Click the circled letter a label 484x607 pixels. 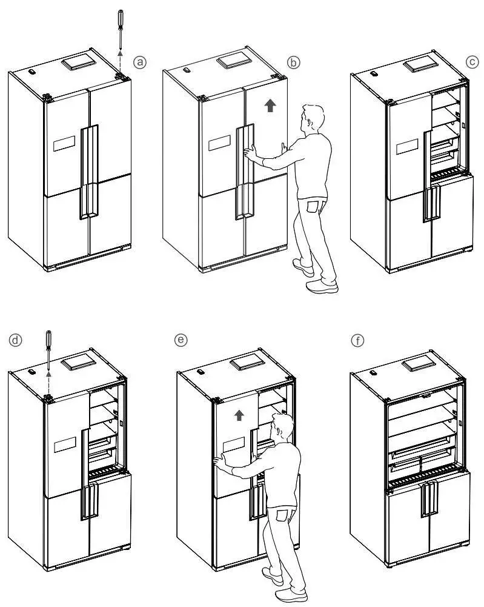tap(141, 62)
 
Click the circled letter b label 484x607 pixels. tap(293, 62)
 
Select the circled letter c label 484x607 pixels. tap(472, 62)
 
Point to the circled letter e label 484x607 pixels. tap(180, 340)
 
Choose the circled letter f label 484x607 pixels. tap(359, 340)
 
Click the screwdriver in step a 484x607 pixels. tap(120, 30)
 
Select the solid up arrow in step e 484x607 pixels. tap(240, 415)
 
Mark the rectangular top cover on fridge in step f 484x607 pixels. tap(422, 363)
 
